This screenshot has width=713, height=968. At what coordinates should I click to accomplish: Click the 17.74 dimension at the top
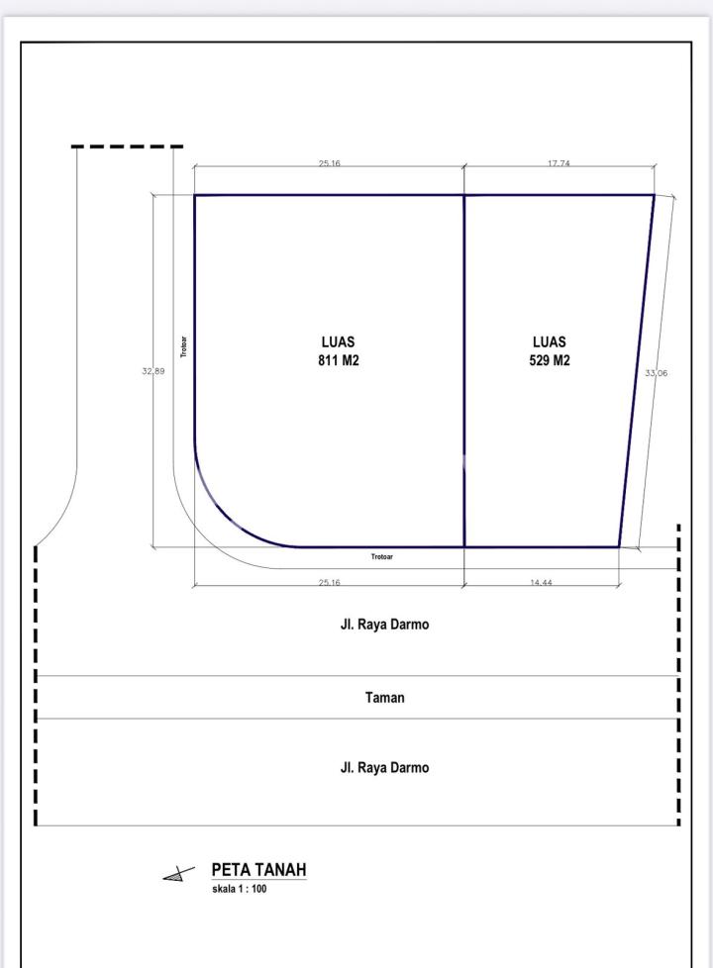tap(559, 163)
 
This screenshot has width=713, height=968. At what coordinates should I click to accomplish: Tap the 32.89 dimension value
tap(153, 371)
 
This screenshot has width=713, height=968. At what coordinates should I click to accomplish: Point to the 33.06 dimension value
tap(657, 373)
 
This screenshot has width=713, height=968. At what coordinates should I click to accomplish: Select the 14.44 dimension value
tap(541, 582)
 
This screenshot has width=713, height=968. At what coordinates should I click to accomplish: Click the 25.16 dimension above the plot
tap(330, 163)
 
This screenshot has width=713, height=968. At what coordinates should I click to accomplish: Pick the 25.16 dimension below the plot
tap(330, 582)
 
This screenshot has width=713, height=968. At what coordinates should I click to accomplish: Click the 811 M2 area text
tap(338, 360)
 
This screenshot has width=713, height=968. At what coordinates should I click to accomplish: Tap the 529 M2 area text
tap(550, 360)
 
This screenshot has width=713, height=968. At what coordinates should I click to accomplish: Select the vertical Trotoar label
tap(183, 347)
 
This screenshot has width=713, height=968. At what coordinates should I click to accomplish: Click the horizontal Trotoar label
tap(382, 557)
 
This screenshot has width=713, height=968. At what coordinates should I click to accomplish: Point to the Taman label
tap(385, 698)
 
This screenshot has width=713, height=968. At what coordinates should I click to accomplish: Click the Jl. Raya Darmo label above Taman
tap(384, 625)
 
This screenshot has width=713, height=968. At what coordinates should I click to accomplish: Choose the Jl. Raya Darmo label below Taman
tap(384, 767)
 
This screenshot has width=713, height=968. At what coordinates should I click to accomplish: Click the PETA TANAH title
tap(258, 870)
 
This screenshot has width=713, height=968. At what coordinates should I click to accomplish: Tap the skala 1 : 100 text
tap(239, 889)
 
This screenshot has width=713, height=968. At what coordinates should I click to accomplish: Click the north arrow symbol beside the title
tap(178, 874)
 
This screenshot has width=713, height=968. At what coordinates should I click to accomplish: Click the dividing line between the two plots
tap(464, 371)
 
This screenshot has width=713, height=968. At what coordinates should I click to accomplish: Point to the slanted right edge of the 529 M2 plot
tap(637, 371)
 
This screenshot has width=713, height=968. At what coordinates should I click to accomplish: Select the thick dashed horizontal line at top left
tap(128, 146)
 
